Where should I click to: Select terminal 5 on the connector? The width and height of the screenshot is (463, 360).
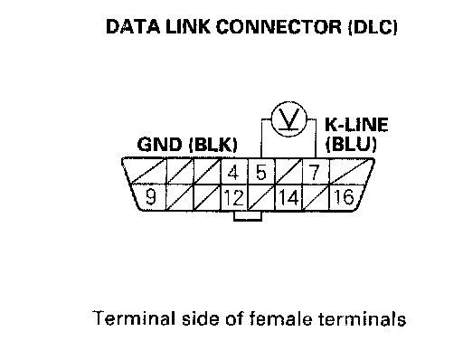click(x=261, y=173)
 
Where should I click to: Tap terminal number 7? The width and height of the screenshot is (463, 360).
click(x=315, y=173)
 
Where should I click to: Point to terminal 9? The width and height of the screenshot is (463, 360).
click(x=150, y=197)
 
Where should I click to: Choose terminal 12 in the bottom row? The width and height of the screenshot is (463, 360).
click(x=234, y=198)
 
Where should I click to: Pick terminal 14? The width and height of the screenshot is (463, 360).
click(x=288, y=198)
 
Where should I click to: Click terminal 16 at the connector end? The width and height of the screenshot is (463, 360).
click(x=344, y=197)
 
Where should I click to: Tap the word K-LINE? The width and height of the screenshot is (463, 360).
click(x=356, y=125)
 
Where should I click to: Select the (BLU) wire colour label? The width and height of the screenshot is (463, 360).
click(x=351, y=144)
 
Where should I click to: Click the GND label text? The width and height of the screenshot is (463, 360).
click(x=159, y=145)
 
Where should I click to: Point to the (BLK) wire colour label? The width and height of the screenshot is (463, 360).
click(x=213, y=145)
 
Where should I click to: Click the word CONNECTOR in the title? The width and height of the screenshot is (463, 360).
click(x=279, y=26)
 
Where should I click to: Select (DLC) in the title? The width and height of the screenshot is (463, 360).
click(x=373, y=27)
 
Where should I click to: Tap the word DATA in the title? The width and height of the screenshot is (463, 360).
click(x=133, y=26)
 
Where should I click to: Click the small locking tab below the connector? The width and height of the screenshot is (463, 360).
click(x=248, y=216)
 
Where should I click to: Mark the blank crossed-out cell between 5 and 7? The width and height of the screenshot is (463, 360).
click(x=288, y=172)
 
